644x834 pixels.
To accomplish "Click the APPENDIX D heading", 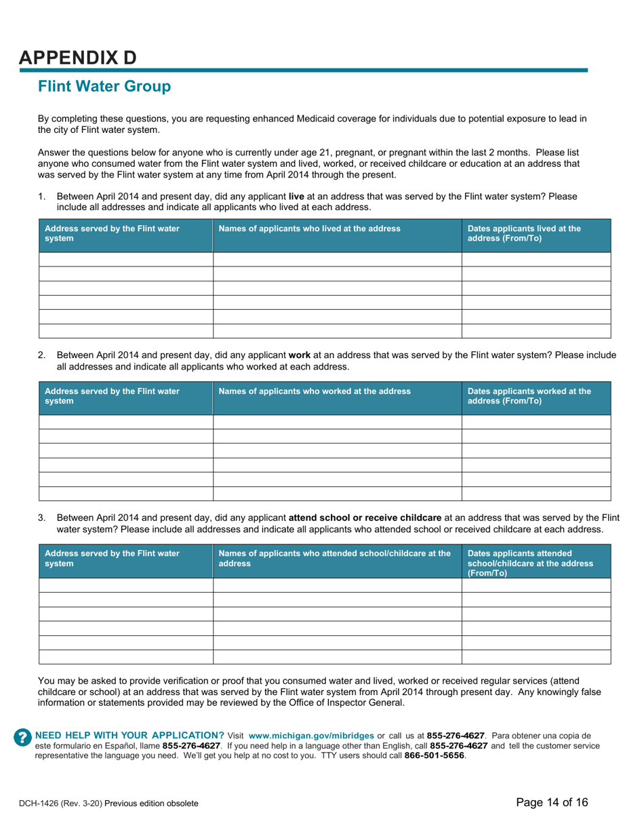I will tap(77, 58).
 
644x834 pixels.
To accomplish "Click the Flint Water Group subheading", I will tap(104, 87).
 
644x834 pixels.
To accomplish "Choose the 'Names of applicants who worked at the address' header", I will tap(315, 391).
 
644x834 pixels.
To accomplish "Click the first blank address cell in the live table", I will tap(126, 259).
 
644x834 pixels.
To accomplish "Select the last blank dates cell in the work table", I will tap(536, 494).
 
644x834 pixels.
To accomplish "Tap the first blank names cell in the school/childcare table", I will tap(337, 585).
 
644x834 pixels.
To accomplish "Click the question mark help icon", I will tap(23, 738).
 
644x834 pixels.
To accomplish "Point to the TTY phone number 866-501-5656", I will tap(435, 755).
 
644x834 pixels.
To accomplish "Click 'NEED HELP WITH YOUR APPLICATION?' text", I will tap(129, 736).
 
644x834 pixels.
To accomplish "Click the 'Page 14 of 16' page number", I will tap(552, 802).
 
